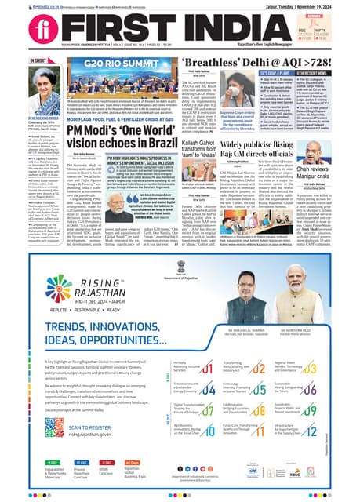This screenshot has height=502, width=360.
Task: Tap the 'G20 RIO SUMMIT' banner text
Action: click(129, 63)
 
